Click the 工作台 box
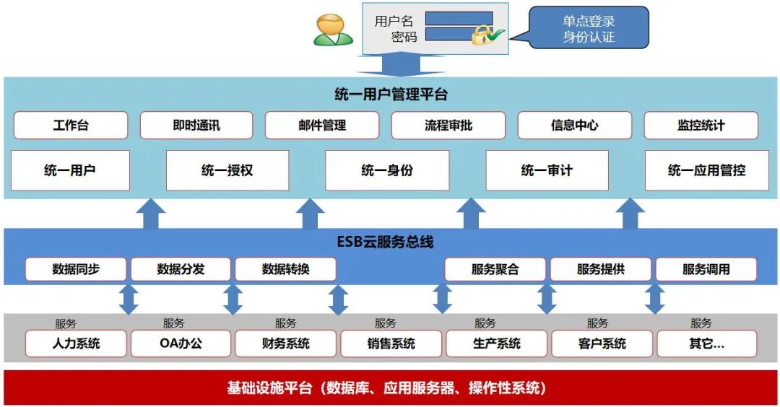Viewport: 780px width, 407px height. tap(70, 125)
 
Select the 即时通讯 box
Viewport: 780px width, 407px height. tap(196, 125)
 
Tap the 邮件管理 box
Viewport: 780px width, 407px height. tap(321, 125)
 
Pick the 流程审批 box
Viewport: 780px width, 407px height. tap(448, 125)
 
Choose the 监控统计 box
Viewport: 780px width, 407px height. tap(701, 125)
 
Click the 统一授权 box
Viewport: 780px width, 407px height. tap(227, 170)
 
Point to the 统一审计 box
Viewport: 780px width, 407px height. tap(546, 170)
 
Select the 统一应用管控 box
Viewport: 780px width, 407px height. tap(706, 170)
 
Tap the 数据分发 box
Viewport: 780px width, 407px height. tap(181, 269)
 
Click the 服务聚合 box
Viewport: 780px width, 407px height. tap(495, 269)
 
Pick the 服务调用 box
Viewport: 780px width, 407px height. tap(706, 269)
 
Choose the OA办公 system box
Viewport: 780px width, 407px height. tap(181, 343)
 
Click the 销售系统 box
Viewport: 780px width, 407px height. tap(391, 343)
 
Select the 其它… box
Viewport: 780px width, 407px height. tap(706, 343)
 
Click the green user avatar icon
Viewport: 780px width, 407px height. tap(333, 30)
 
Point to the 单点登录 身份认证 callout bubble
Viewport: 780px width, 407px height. tap(589, 28)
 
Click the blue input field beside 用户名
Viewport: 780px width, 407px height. tap(459, 18)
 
